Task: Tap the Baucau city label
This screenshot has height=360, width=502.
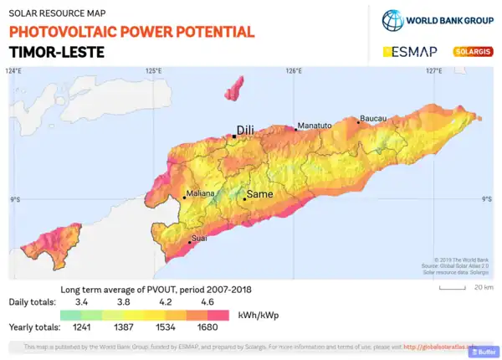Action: (373, 118)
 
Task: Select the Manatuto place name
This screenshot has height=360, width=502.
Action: (315, 126)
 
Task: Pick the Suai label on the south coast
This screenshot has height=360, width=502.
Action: (199, 239)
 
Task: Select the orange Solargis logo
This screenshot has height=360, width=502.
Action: (472, 52)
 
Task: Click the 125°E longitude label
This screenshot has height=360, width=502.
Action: (153, 71)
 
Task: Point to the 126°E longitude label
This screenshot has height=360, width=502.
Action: (294, 71)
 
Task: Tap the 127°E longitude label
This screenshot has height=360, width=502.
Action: (433, 71)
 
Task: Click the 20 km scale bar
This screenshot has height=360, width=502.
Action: (452, 287)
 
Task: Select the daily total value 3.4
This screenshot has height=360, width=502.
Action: (82, 301)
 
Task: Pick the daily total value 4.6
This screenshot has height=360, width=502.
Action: (207, 301)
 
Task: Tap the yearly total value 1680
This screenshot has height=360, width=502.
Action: (207, 327)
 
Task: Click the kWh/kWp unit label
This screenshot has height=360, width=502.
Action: (260, 315)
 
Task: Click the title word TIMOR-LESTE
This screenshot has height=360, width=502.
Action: (57, 51)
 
